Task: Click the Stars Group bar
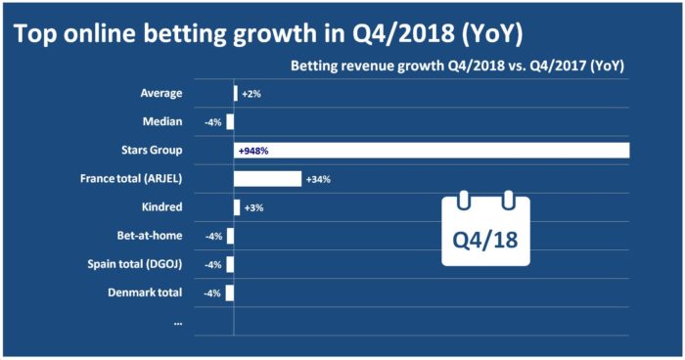coord(431,151)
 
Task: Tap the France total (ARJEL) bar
coord(267,179)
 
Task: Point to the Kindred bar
coord(237,207)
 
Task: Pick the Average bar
coord(236,94)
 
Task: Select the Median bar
coord(230,122)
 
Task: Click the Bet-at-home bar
coord(230,236)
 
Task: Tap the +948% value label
coord(252,151)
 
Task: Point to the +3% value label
coord(251,207)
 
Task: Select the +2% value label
coord(251,94)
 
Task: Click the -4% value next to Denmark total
coord(213,292)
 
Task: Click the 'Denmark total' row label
coord(149,292)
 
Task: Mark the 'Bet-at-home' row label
coord(152,236)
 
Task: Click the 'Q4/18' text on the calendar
coord(485,238)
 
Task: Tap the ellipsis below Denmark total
coord(177,320)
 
